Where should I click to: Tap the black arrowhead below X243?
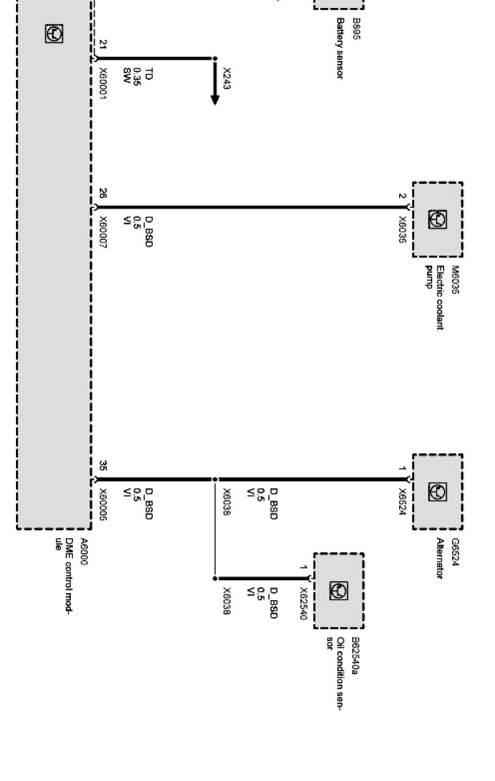pyautogui.click(x=215, y=99)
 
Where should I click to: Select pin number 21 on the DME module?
pyautogui.click(x=103, y=45)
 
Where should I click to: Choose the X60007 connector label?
pyautogui.click(x=103, y=232)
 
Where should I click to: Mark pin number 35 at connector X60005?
pyautogui.click(x=103, y=466)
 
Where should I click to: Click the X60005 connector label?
pyautogui.click(x=103, y=504)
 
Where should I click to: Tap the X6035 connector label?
pyautogui.click(x=403, y=230)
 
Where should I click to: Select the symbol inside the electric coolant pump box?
pyautogui.click(x=437, y=220)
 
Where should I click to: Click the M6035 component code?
pyautogui.click(x=455, y=280)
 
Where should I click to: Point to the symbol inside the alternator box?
pyautogui.click(x=437, y=492)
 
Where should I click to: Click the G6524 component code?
pyautogui.click(x=455, y=551)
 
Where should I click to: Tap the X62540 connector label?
pyautogui.click(x=303, y=603)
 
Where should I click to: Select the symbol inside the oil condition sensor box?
pyautogui.click(x=339, y=591)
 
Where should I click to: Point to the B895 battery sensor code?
pyautogui.click(x=356, y=29)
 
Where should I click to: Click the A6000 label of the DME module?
pyautogui.click(x=84, y=551)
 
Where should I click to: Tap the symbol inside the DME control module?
pyautogui.click(x=54, y=34)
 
